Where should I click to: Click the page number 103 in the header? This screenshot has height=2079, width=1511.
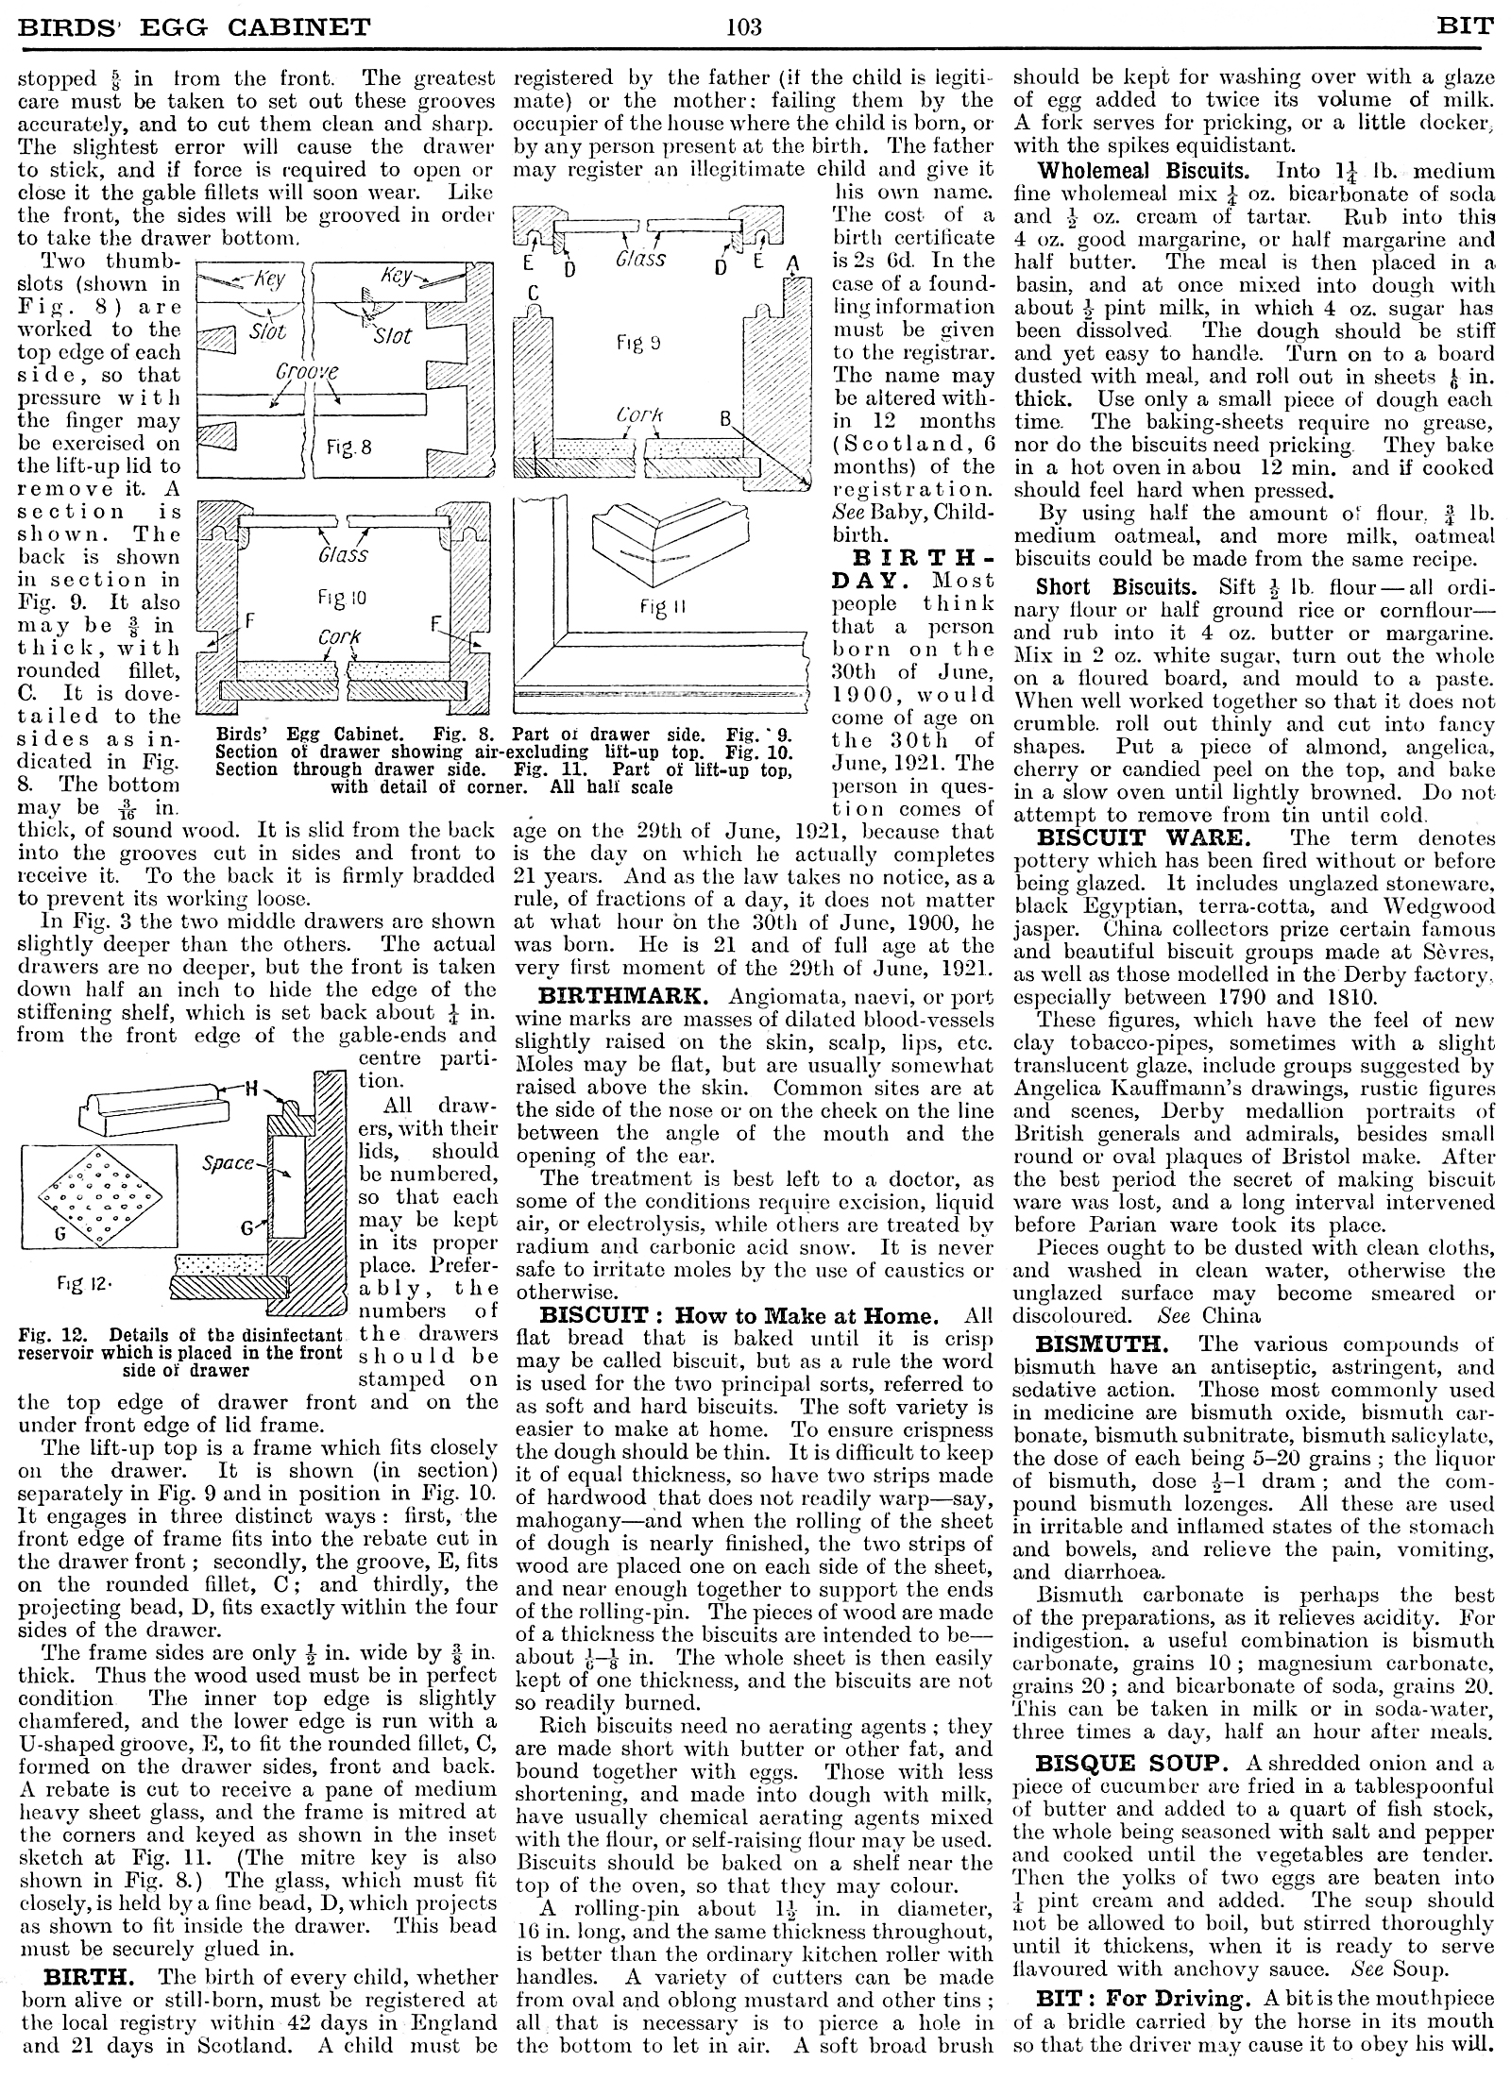click(744, 26)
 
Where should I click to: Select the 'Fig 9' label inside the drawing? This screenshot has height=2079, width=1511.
click(638, 344)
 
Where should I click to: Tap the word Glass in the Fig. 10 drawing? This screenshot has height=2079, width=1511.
click(343, 553)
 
